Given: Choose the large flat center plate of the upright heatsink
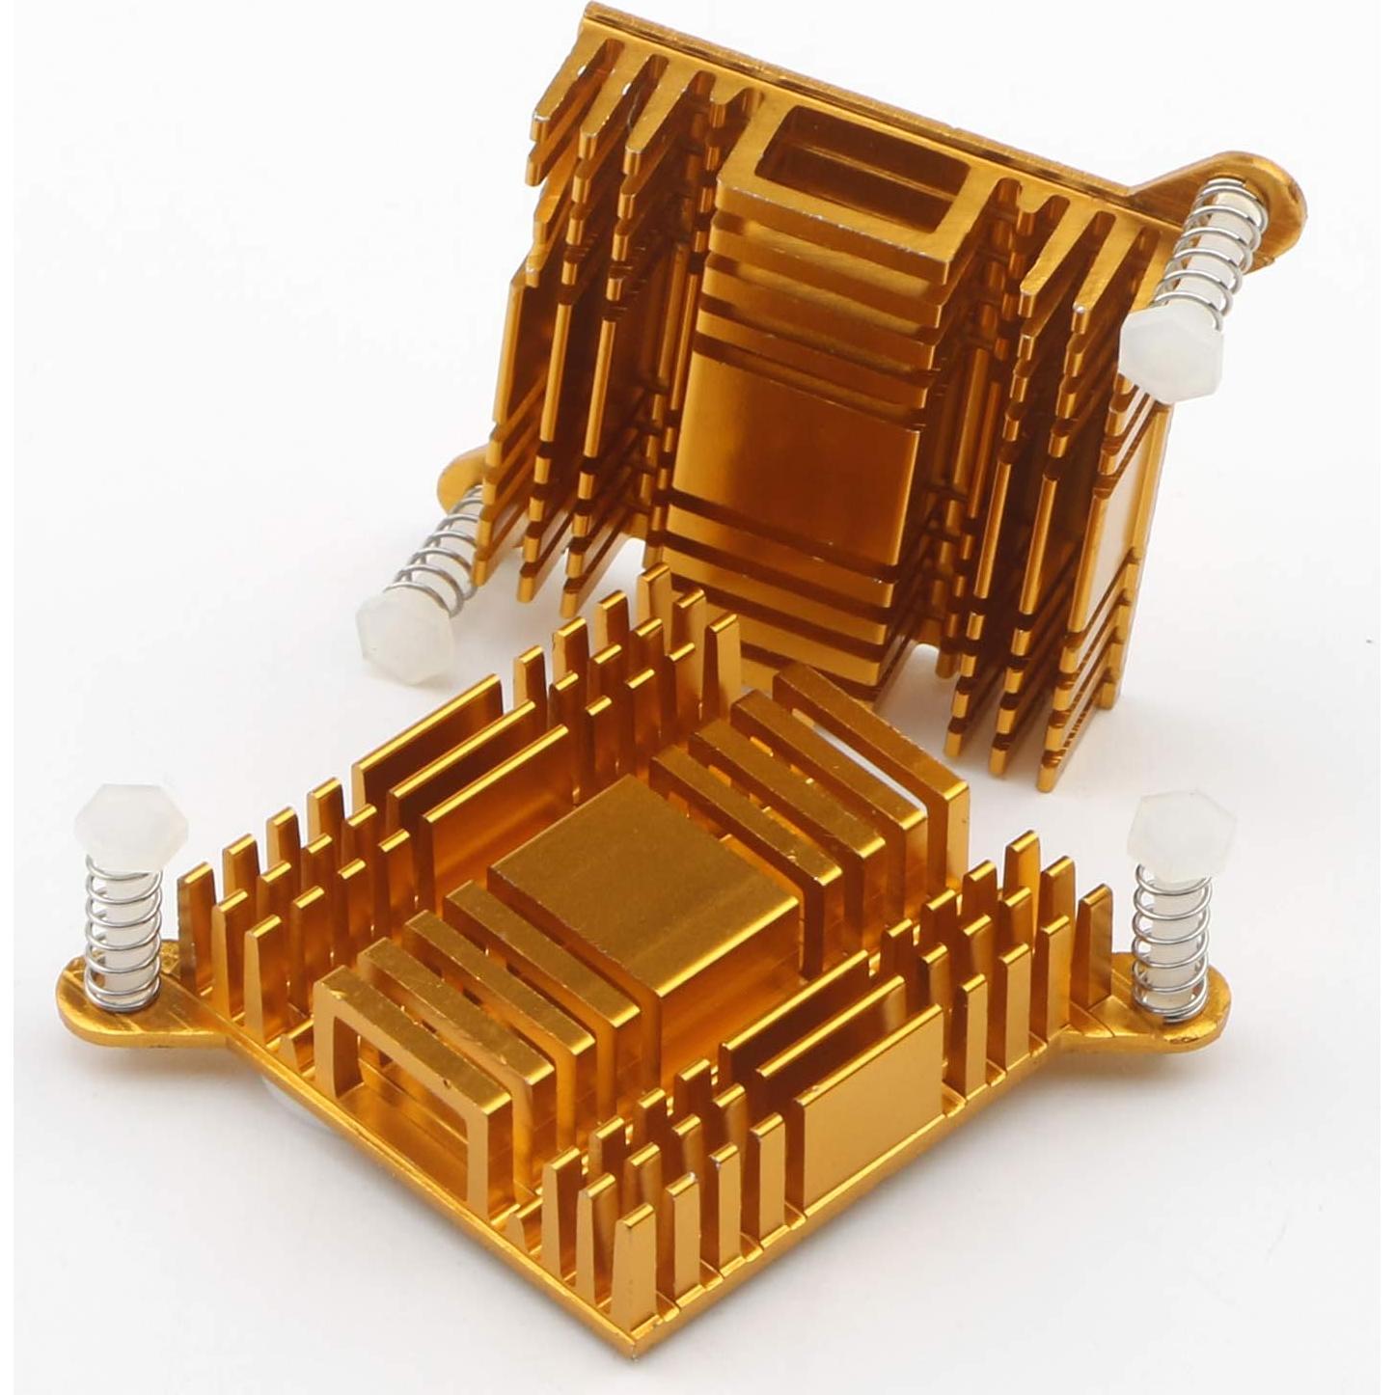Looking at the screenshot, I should (x=791, y=453).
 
